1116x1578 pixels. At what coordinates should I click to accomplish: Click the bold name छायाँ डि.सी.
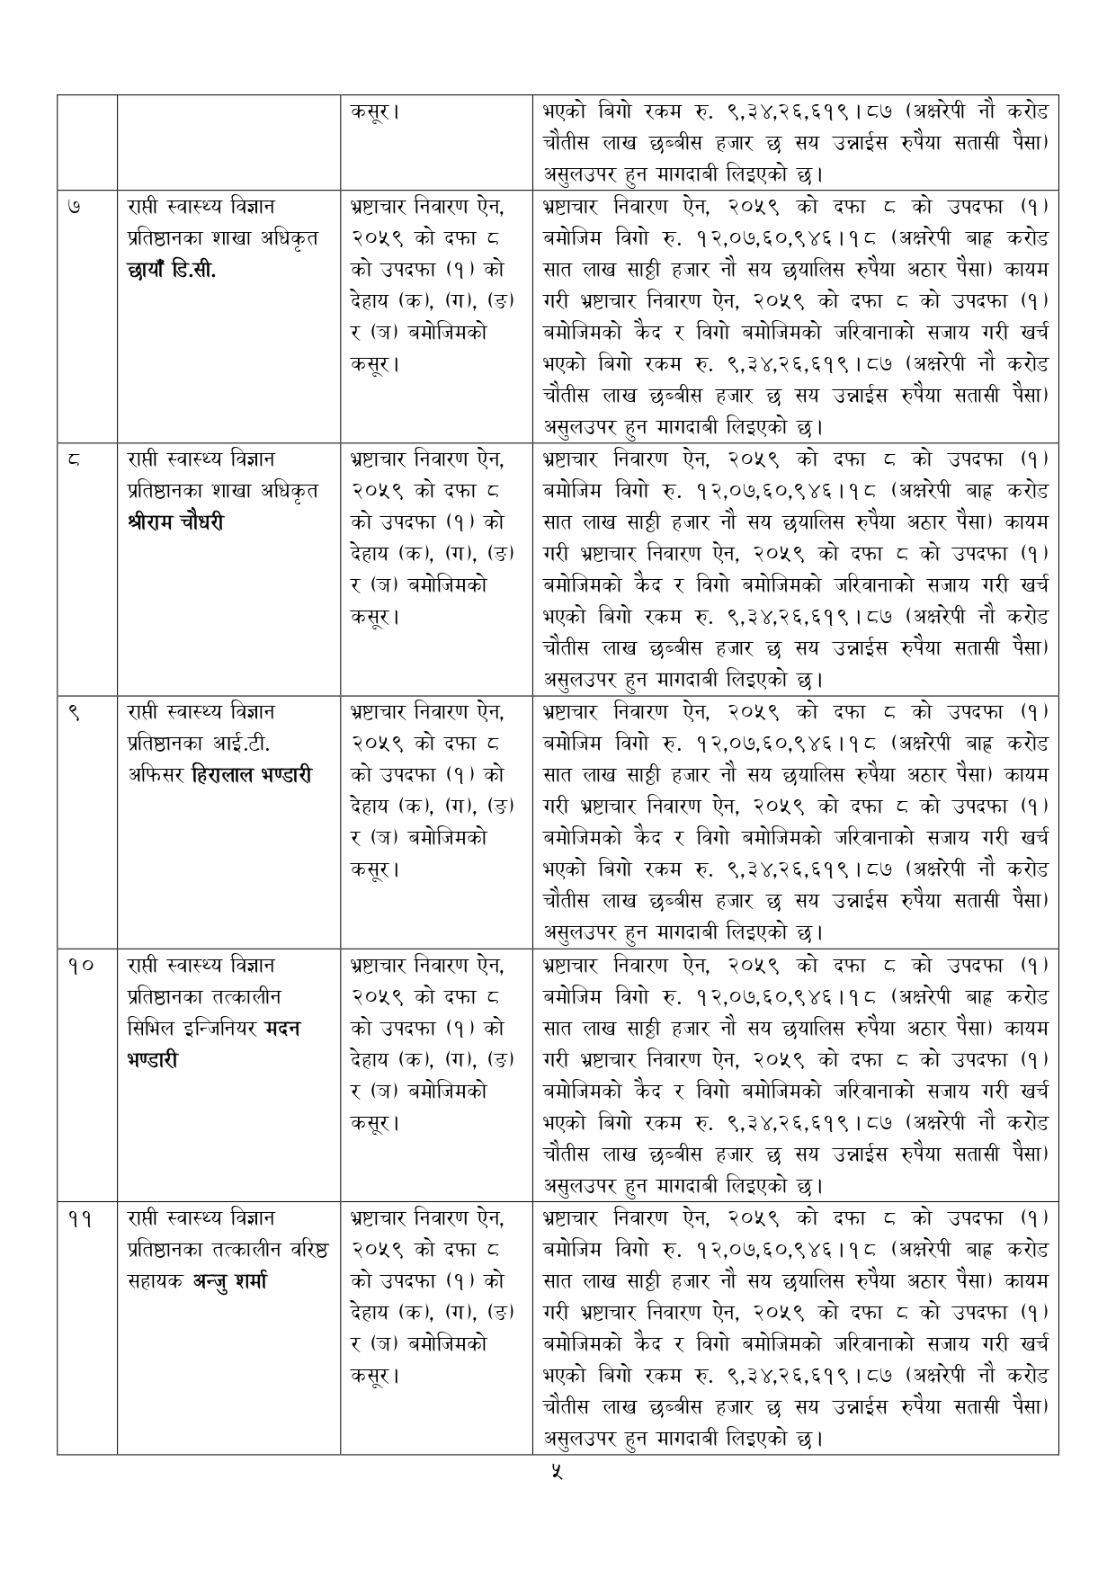[172, 270]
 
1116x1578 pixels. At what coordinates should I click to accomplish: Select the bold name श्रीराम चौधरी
[176, 522]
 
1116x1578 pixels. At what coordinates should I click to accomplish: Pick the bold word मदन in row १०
[282, 1028]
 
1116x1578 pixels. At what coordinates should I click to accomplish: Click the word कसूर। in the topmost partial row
[375, 112]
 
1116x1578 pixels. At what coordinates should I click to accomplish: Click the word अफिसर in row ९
[149, 775]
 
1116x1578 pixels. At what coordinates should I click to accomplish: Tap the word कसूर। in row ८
[375, 617]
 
